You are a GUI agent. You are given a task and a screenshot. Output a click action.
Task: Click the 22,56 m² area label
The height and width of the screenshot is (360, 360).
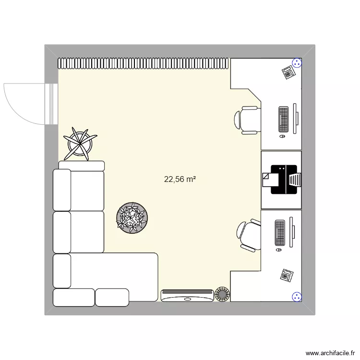coord(180,180)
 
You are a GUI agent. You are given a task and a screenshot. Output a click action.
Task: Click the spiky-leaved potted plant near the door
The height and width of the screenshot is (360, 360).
coord(80,143)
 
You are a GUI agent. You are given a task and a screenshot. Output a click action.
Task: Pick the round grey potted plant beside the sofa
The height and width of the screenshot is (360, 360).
coord(131,218)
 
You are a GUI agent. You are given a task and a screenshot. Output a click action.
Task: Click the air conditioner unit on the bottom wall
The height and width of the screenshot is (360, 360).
coord(187,295)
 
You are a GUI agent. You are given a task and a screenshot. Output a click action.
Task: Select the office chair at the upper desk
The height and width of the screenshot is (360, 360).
coord(248,120)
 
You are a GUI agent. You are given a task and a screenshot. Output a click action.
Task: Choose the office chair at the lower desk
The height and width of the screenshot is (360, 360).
coord(249,235)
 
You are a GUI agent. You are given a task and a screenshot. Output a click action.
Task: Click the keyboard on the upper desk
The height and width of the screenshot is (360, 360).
coord(283,120)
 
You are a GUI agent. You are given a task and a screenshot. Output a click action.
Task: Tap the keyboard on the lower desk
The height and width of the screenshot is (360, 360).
coord(280,233)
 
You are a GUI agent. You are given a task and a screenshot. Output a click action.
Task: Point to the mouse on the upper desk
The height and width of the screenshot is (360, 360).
coord(282,137)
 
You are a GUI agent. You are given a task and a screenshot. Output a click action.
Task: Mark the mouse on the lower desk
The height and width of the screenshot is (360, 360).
coord(279,251)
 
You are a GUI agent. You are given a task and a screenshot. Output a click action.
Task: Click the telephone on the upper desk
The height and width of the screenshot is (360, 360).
coord(288,72)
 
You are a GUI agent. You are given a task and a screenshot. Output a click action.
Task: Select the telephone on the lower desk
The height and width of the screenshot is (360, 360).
coord(287,275)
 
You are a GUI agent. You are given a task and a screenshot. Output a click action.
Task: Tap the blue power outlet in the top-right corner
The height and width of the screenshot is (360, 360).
coord(298,63)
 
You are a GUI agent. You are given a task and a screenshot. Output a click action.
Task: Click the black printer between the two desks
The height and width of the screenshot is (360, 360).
coord(283,180)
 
